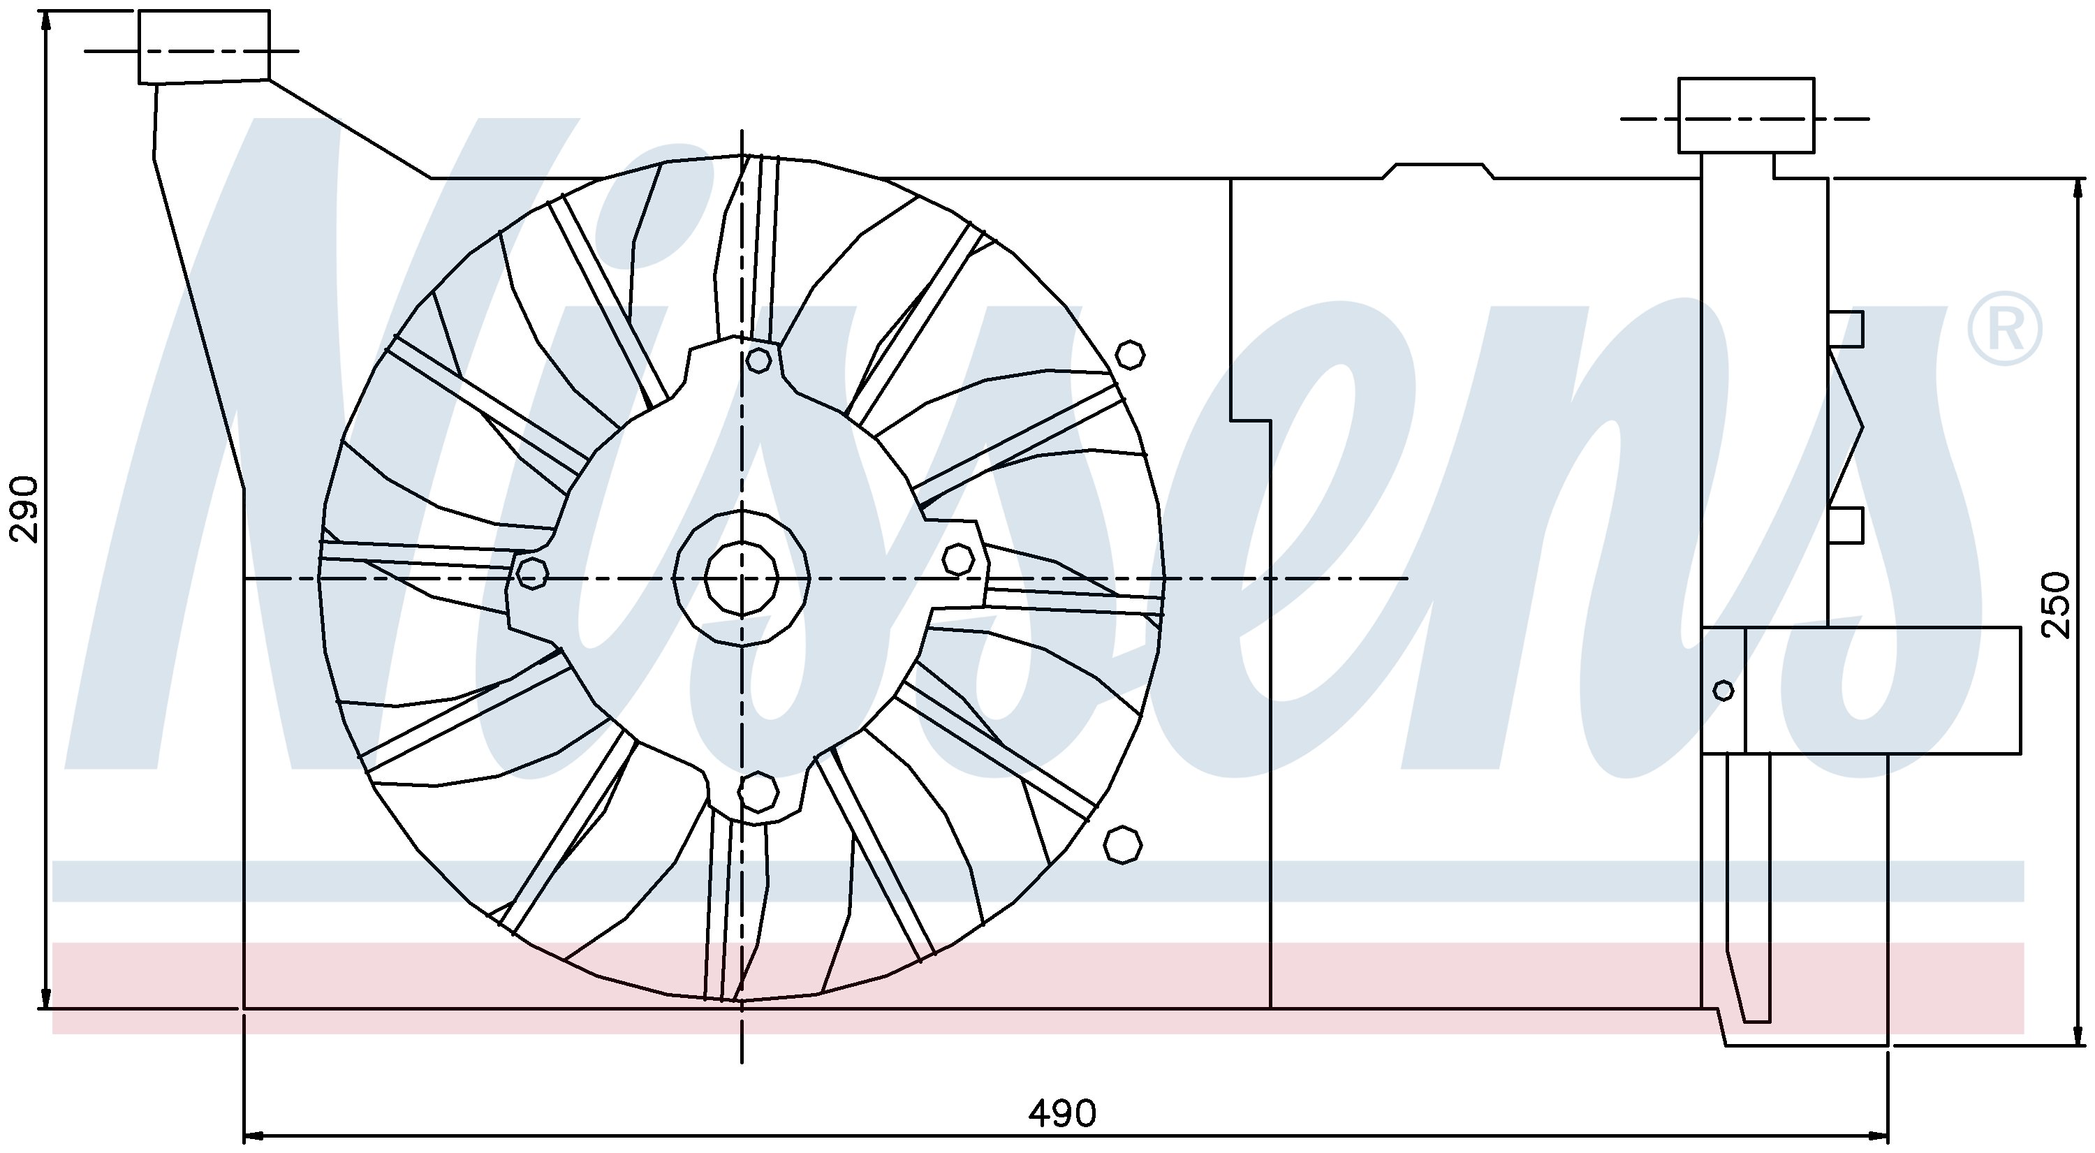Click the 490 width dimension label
point(1062,1113)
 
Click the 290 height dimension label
point(24,510)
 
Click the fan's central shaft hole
point(742,578)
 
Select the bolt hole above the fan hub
point(758,360)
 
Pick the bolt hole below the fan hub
point(758,791)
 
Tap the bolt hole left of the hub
point(532,573)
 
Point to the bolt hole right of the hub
point(958,559)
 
